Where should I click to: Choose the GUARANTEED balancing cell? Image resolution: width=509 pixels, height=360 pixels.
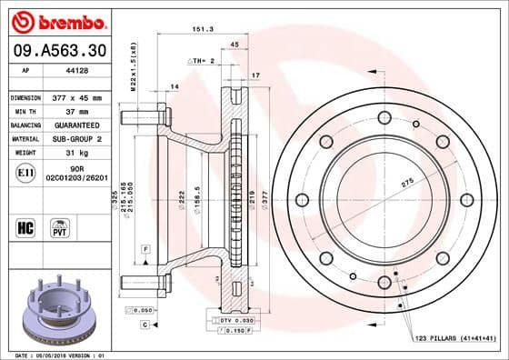[x=77, y=125]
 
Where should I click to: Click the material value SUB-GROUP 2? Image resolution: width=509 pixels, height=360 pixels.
[x=77, y=138]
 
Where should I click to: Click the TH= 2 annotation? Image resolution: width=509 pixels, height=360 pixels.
[x=202, y=60]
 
